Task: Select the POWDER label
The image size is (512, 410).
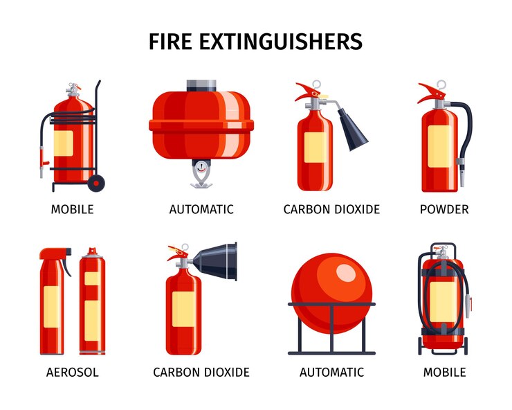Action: pyautogui.click(x=444, y=209)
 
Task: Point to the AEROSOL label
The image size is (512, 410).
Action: pyautogui.click(x=73, y=373)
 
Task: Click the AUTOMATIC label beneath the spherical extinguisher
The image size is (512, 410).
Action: pyautogui.click(x=331, y=373)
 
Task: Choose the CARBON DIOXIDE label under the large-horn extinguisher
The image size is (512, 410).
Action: pyautogui.click(x=201, y=373)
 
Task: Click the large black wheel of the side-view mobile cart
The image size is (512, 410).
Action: pyautogui.click(x=97, y=183)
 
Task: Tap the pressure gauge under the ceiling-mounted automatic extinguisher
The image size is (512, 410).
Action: pyautogui.click(x=201, y=167)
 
